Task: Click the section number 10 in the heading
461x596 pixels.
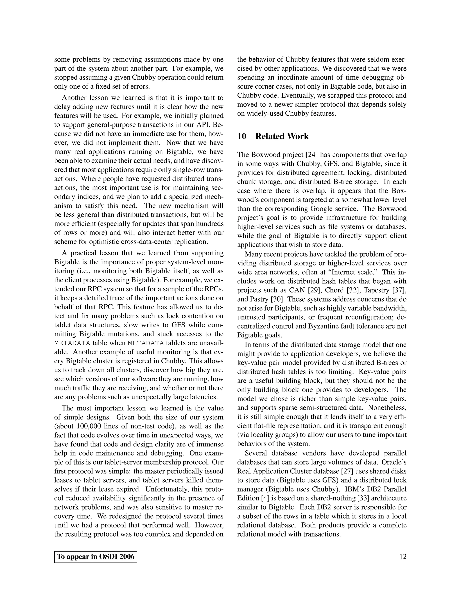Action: point(242,137)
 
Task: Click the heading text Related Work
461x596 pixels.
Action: point(282,137)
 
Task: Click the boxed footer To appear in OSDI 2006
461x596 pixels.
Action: point(96,557)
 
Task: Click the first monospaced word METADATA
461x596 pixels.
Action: point(72,343)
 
